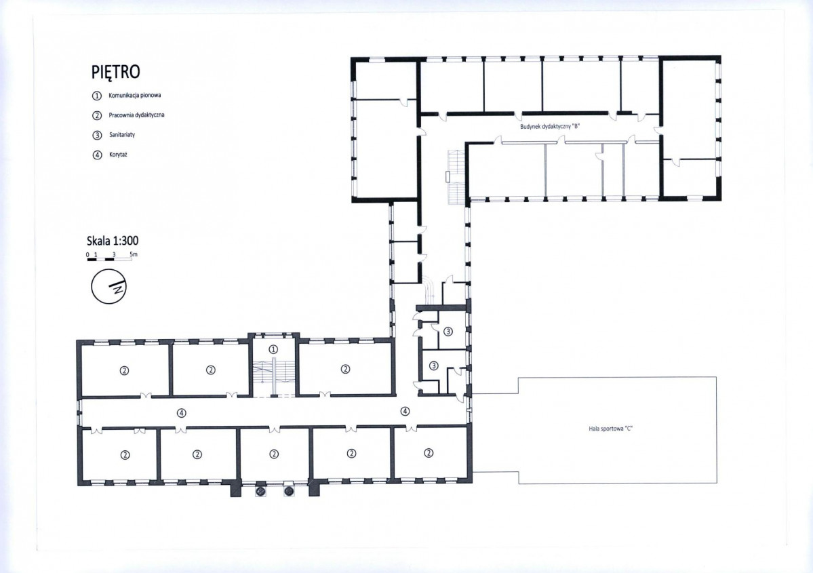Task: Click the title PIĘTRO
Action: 116,72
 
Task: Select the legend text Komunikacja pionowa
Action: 135,96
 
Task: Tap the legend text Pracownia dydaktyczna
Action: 136,115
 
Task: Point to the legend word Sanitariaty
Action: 122,135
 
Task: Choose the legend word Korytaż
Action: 118,155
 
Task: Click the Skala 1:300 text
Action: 113,241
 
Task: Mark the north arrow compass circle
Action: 109,286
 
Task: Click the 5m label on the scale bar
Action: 134,254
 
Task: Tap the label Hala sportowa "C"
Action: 611,429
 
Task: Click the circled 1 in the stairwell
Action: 273,349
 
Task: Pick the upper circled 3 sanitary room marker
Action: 448,332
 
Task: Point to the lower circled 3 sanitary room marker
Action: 434,366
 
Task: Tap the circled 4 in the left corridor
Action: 181,413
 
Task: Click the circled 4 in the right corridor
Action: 405,411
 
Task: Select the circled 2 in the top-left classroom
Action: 124,370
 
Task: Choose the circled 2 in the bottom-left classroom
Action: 125,455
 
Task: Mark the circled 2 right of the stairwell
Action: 345,369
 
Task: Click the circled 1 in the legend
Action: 97,96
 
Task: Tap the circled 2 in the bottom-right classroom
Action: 429,453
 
